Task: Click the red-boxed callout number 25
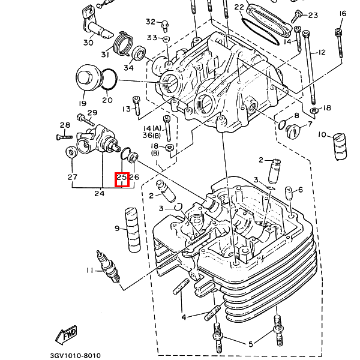pyautogui.click(x=122, y=178)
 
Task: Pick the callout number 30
pyautogui.click(x=88, y=43)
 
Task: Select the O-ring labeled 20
pyautogui.click(x=110, y=78)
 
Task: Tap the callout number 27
pyautogui.click(x=73, y=177)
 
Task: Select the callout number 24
pyautogui.click(x=99, y=193)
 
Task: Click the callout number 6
pyautogui.click(x=300, y=190)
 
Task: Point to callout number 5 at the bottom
pyautogui.click(x=251, y=343)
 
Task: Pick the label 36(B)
pyautogui.click(x=147, y=136)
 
